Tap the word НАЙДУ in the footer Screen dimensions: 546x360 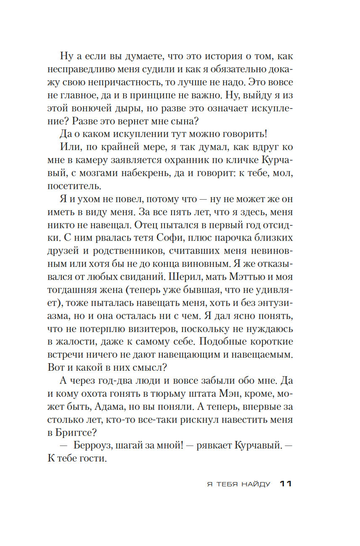[x=256, y=484]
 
